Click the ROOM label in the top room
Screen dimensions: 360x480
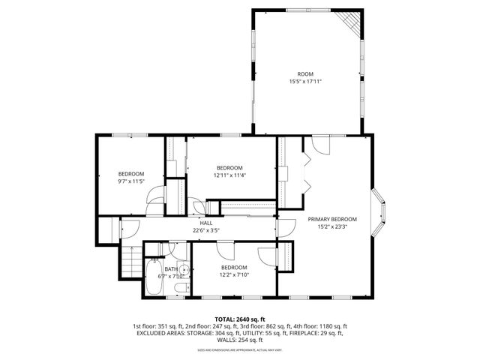(305, 73)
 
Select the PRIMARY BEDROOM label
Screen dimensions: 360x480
(332, 219)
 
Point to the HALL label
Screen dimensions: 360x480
(206, 223)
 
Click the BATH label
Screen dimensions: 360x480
(172, 268)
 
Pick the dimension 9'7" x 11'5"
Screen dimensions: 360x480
(130, 181)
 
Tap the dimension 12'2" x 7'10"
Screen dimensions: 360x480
(233, 275)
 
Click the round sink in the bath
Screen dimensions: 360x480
(181, 266)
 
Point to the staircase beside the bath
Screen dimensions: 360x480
(131, 263)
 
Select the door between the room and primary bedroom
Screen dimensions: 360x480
(320, 145)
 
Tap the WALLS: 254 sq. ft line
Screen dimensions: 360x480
(239, 340)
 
